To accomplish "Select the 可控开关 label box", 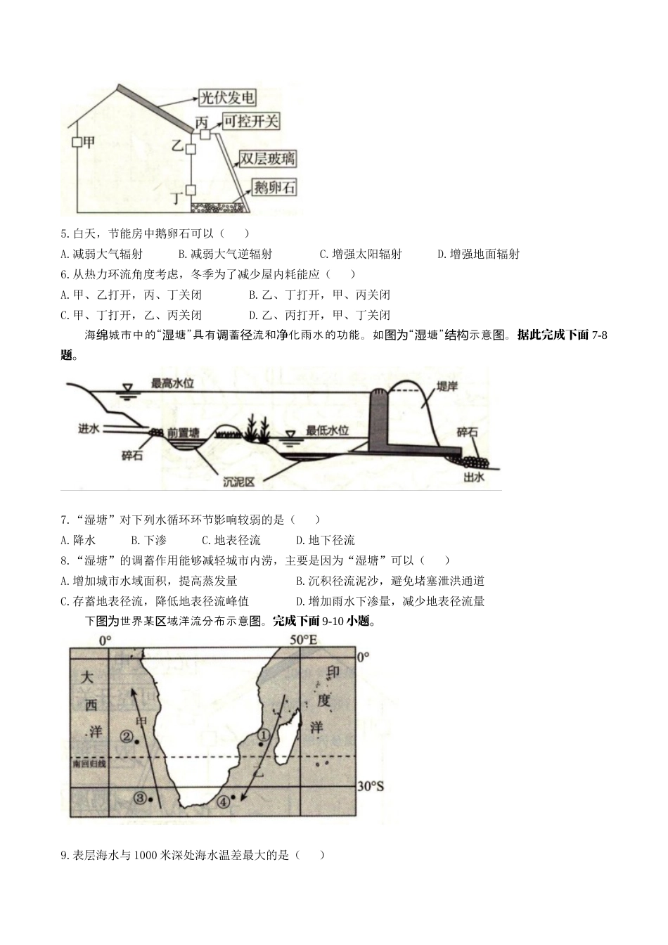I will point(251,122).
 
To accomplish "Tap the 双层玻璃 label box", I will point(268,159).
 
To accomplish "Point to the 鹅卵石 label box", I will point(274,188).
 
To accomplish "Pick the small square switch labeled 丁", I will point(191,189).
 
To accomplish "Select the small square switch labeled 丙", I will point(205,134).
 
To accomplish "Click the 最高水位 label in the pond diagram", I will point(172,383).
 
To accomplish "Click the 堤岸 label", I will point(447,386).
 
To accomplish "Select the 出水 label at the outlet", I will point(474,477).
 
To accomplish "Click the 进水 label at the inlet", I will point(89,428).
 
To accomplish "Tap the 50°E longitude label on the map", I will point(304,640).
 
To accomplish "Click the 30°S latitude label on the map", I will point(370,786).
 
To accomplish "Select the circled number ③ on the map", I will point(140,797).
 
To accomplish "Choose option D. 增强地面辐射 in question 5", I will point(478,254).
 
